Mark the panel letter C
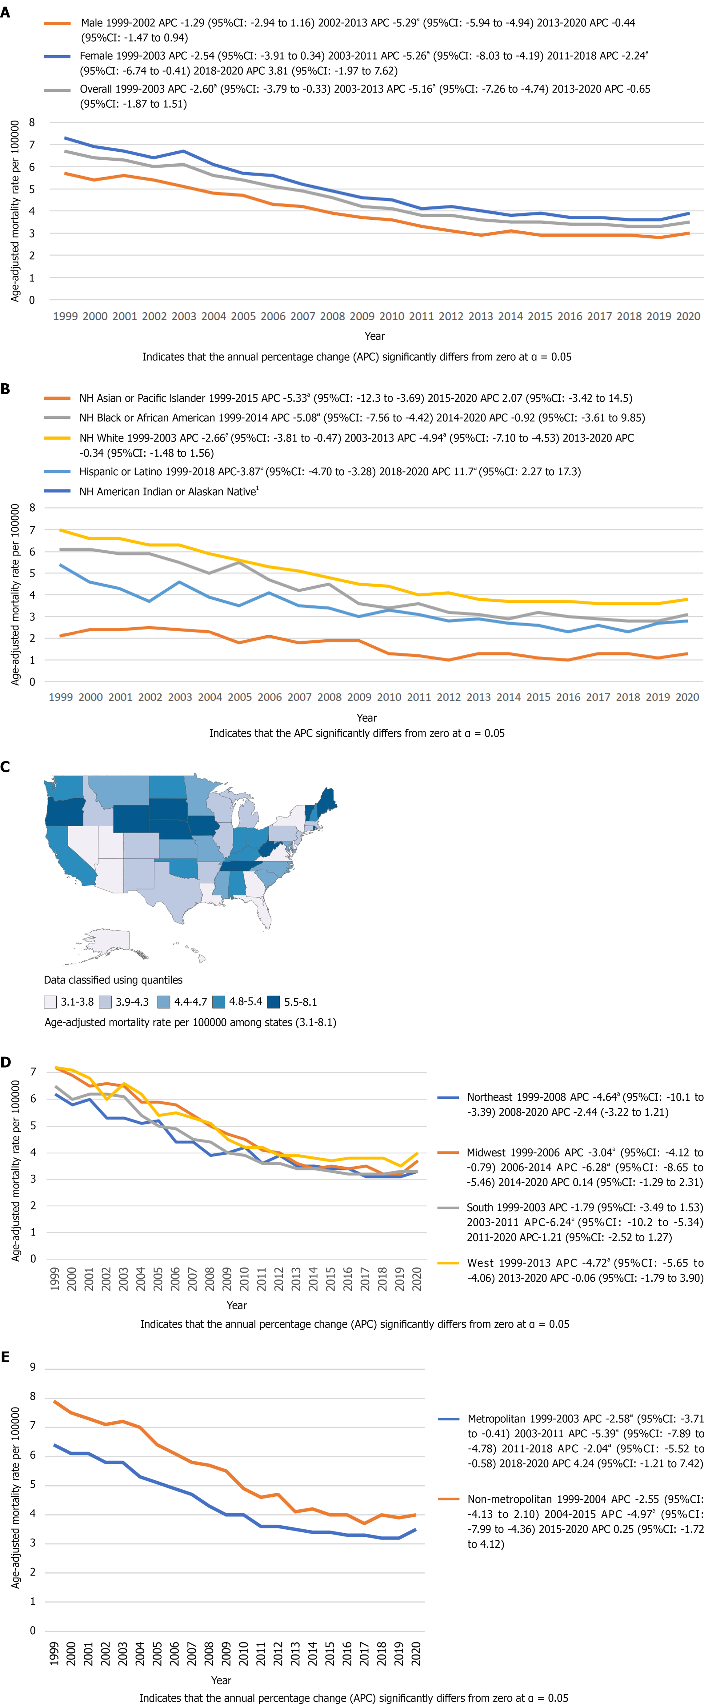tap(5, 767)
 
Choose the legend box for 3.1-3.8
tap(50, 1002)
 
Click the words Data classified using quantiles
tap(113, 980)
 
